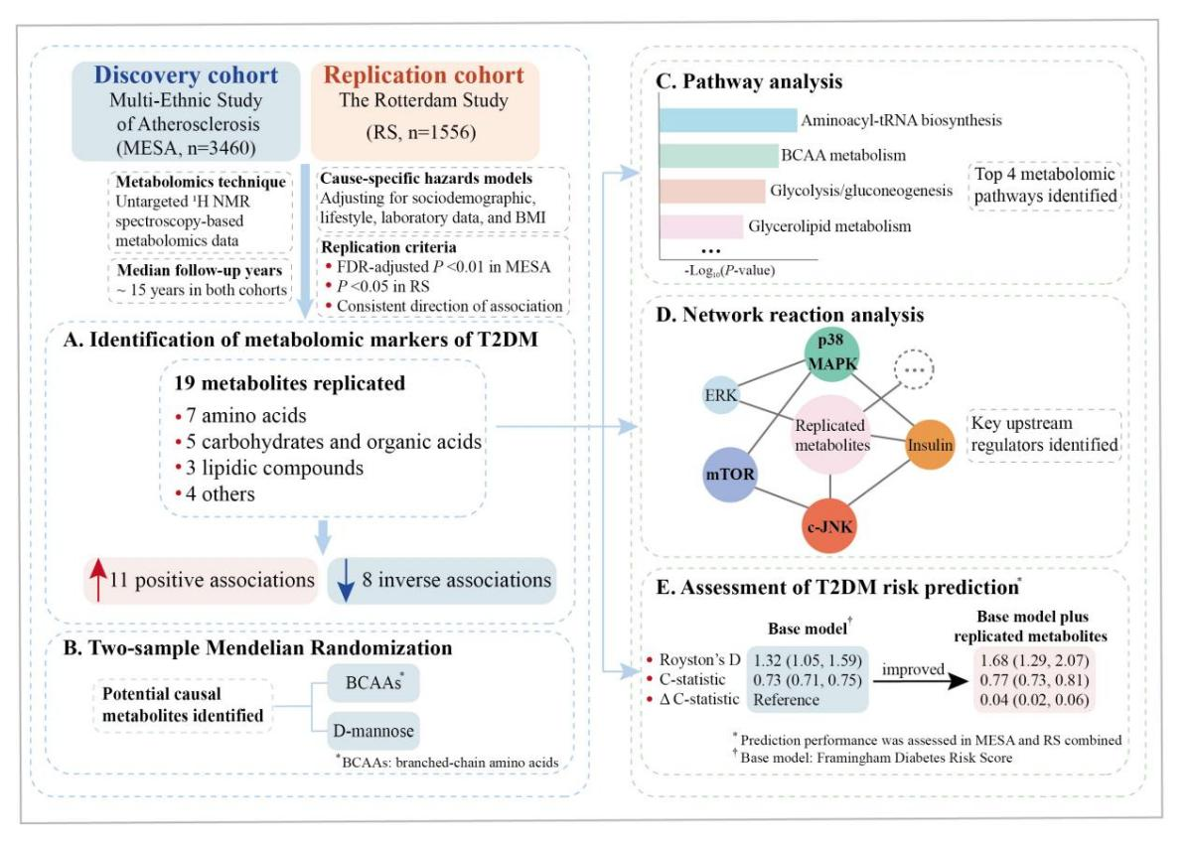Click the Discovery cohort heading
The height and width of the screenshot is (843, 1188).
click(x=186, y=75)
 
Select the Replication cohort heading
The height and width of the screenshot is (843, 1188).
click(x=423, y=75)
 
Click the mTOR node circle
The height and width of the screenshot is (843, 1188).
click(x=730, y=475)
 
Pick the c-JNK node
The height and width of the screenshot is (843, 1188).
click(x=829, y=526)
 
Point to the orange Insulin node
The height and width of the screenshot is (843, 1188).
click(x=930, y=445)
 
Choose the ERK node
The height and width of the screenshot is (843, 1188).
click(x=720, y=394)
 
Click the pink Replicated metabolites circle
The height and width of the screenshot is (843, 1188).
click(x=831, y=435)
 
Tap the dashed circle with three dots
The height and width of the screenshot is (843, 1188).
click(x=914, y=369)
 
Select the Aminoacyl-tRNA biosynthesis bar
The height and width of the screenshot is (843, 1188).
click(x=727, y=120)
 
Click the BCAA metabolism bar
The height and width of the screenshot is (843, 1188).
click(x=718, y=155)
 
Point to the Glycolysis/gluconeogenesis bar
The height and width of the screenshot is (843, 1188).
click(x=712, y=191)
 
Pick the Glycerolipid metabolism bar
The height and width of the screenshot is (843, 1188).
click(x=701, y=226)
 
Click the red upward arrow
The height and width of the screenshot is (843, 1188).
click(x=97, y=580)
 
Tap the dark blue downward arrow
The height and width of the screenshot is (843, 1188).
click(x=346, y=581)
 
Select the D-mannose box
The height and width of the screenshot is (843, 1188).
click(x=373, y=731)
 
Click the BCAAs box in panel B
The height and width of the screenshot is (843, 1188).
click(x=373, y=683)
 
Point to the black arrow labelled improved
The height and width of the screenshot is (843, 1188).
click(x=921, y=681)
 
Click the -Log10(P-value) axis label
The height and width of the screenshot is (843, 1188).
click(x=729, y=270)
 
